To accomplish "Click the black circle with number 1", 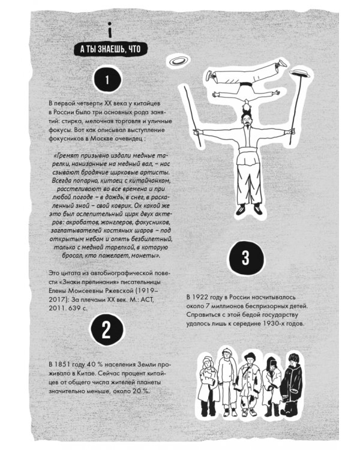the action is coord(107,79).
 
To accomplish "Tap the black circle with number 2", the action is coord(107,329).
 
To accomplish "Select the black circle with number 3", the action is coord(246,257).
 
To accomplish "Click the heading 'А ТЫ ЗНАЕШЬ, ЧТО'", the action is coord(110,49).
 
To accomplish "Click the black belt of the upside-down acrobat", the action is coord(245,85).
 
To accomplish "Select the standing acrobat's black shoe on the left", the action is coord(240,209).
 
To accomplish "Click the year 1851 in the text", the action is coord(63,364).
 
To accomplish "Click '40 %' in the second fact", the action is coord(95,364).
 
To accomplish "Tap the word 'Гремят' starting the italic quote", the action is coord(67,156).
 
